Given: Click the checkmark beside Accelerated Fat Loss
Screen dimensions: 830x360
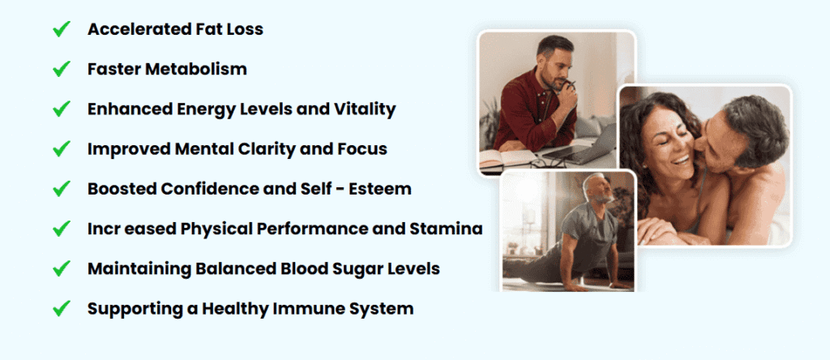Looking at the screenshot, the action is pos(62,29).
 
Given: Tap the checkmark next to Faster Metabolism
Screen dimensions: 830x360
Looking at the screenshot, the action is pos(62,69).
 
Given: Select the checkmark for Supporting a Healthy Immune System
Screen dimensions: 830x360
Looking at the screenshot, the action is pos(62,308).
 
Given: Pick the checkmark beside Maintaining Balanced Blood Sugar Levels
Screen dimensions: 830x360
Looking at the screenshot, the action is pos(62,268).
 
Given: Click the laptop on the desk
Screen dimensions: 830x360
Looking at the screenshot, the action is pos(581,147).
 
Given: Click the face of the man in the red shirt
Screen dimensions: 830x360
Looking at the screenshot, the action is pos(554,67).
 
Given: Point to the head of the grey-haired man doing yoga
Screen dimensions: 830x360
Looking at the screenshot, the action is pos(598,189).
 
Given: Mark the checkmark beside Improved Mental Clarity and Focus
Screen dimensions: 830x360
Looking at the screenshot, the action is pos(62,148).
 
